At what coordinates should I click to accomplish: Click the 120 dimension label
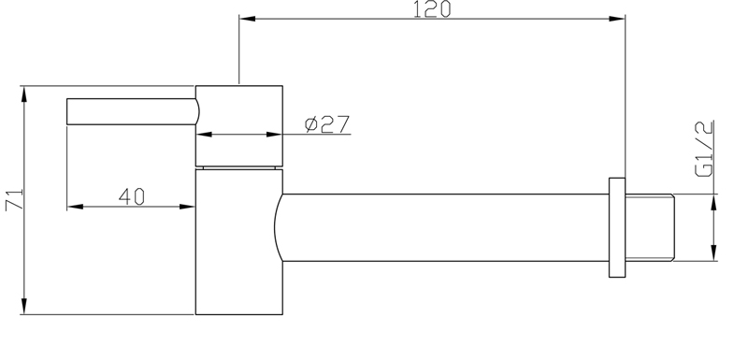(x=432, y=9)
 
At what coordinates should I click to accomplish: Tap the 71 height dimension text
(x=14, y=200)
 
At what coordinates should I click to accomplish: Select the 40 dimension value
(x=132, y=196)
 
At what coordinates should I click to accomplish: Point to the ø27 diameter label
(x=327, y=124)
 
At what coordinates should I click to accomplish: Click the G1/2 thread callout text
(x=705, y=149)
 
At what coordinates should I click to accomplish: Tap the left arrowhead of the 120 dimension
(x=247, y=19)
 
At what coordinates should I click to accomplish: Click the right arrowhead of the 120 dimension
(x=617, y=19)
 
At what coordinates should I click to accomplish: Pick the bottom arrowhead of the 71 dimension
(x=24, y=306)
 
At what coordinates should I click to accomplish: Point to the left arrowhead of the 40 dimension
(x=76, y=207)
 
